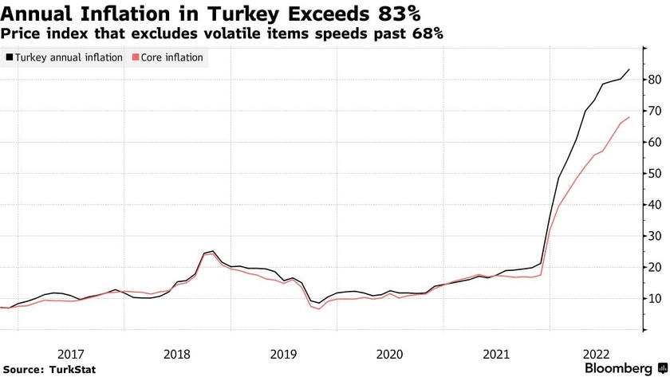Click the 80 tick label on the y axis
click(x=653, y=80)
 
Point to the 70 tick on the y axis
click(x=653, y=111)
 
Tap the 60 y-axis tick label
click(x=653, y=142)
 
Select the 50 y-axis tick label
click(x=653, y=173)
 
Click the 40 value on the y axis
click(x=653, y=205)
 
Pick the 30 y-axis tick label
click(x=653, y=236)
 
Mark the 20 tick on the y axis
click(x=653, y=267)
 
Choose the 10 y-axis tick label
click(x=653, y=298)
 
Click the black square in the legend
click(x=9, y=57)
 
